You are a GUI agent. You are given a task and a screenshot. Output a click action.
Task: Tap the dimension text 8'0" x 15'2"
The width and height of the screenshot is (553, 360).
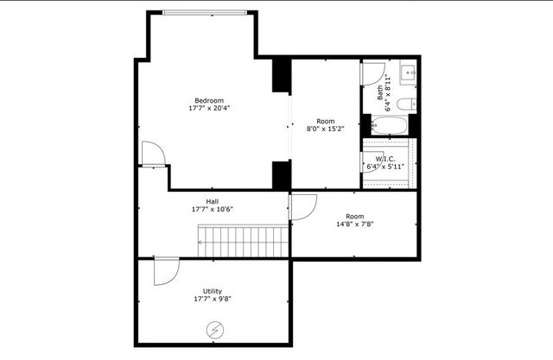325,129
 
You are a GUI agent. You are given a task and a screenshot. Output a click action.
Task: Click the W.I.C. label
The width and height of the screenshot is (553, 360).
385,159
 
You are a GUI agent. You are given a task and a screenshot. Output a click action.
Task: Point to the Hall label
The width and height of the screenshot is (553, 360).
212,200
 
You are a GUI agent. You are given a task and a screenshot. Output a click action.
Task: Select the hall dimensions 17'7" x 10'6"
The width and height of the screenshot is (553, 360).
212,209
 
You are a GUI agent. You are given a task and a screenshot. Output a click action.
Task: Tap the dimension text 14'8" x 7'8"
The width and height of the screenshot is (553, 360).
353,224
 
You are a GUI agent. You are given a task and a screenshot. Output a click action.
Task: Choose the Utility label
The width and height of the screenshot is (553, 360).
213,290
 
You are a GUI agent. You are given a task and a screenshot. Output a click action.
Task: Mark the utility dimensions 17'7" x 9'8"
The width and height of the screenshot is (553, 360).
213,299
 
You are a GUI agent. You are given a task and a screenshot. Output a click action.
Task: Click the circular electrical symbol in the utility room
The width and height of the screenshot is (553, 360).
213,329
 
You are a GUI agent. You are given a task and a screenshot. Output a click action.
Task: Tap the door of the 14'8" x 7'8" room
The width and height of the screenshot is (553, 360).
303,206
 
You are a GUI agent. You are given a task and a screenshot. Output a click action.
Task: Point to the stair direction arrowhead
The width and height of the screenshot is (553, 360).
200,243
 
